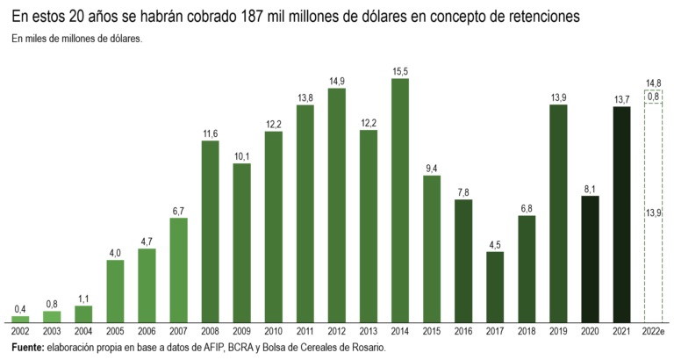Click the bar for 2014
400,200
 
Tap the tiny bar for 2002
20,319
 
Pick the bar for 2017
495,286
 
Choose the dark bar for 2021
621,213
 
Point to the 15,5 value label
400,71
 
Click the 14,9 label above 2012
337,82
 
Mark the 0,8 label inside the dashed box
653,96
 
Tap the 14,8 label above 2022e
653,83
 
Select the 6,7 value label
178,211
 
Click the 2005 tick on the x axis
115,330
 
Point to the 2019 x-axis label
558,330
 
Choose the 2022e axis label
654,330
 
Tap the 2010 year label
273,330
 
